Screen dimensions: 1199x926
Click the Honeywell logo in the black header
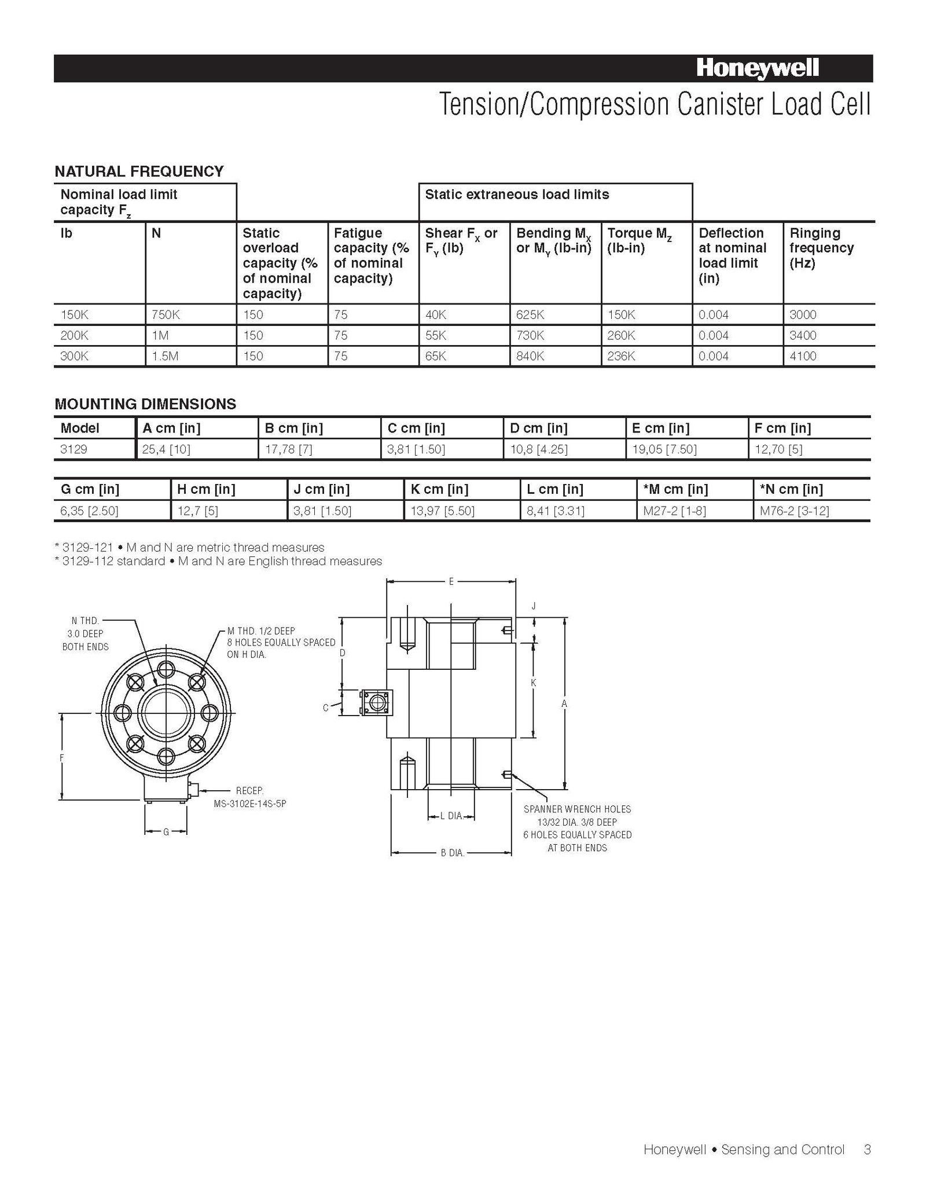(757, 69)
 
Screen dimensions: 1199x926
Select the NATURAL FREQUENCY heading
(139, 171)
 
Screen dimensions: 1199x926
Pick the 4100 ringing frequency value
(803, 356)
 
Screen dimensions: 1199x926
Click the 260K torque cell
(621, 336)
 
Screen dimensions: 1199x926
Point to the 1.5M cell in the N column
(165, 356)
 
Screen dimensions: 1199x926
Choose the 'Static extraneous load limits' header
(517, 195)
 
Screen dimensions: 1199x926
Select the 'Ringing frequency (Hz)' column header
(821, 248)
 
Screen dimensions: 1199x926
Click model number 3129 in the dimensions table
(74, 449)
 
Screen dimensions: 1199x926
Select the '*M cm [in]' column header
(675, 489)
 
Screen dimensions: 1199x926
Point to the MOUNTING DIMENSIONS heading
(145, 404)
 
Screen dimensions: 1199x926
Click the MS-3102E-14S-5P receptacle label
(249, 804)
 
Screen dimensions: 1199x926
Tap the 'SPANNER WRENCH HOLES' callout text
(577, 809)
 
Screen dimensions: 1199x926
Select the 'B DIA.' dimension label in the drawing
(452, 853)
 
